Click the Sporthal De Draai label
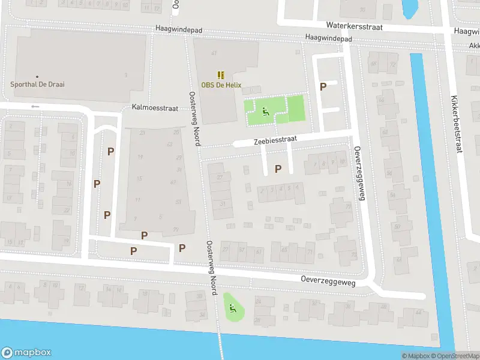pyautogui.click(x=37, y=85)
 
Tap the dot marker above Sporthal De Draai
pyautogui.click(x=37, y=77)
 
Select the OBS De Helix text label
pyautogui.click(x=221, y=85)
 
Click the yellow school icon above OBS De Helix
pyautogui.click(x=221, y=75)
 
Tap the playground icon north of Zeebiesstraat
pyautogui.click(x=265, y=110)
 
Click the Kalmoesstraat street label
pyautogui.click(x=155, y=109)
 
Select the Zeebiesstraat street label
pyautogui.click(x=275, y=139)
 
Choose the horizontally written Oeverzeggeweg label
pyautogui.click(x=328, y=281)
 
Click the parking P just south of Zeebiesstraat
pyautogui.click(x=277, y=169)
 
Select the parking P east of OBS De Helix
pyautogui.click(x=323, y=86)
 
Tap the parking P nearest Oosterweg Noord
pyautogui.click(x=182, y=248)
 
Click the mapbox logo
pyautogui.click(x=26, y=353)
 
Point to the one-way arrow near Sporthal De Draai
pyautogui.click(x=35, y=107)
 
